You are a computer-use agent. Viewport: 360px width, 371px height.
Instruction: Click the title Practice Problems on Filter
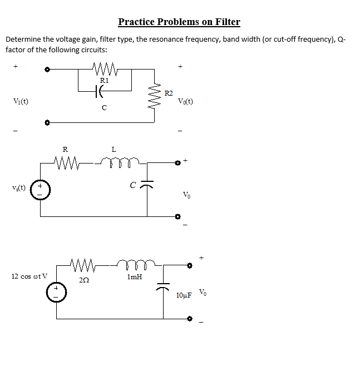(179, 22)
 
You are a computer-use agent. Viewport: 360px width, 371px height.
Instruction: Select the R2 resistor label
(169, 93)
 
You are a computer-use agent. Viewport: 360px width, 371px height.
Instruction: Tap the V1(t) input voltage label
(21, 101)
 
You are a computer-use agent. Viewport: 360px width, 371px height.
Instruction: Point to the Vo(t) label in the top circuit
(185, 102)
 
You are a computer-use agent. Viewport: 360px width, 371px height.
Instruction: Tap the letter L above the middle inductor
(114, 149)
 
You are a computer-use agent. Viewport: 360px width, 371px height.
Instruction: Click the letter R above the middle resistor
(65, 149)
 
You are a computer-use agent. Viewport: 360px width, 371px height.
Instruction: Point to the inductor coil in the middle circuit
(120, 162)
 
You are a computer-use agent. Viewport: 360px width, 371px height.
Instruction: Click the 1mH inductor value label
(134, 276)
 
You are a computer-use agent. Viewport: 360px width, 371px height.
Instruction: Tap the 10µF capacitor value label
(184, 295)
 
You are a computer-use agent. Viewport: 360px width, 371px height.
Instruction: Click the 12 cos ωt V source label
(30, 276)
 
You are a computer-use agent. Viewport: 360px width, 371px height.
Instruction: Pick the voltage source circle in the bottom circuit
(56, 292)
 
